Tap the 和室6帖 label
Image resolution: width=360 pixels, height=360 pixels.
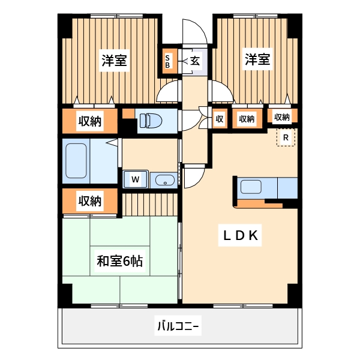coord(119,262)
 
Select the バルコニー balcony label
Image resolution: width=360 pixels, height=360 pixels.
coord(178,327)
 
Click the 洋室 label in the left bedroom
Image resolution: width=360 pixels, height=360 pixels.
coord(113,61)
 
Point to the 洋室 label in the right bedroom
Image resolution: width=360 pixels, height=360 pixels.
coord(256,59)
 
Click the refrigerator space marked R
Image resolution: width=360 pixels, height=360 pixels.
coord(286,138)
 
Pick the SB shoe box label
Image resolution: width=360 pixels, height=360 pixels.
coord(168,61)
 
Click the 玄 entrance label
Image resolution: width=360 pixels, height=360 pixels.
coord(196,61)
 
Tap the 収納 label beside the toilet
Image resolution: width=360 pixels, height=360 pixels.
coord(89,122)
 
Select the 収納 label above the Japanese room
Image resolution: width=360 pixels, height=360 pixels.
coord(89,200)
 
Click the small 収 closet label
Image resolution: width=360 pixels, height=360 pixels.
coord(220,119)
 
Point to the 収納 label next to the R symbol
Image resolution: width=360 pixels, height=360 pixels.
coord(282,117)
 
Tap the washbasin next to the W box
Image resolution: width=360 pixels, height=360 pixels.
coord(163,180)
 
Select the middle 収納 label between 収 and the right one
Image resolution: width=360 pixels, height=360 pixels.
coord(247,119)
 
